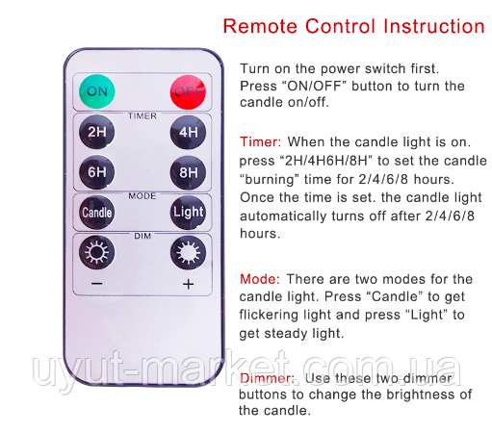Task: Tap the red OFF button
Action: [x=188, y=92]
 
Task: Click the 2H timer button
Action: [x=97, y=132]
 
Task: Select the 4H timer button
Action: [x=188, y=132]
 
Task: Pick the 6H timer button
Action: [x=97, y=172]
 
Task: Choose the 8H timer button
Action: [x=188, y=172]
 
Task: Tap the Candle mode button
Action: [x=97, y=213]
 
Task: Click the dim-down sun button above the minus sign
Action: [x=97, y=252]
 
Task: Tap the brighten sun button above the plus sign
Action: [x=188, y=253]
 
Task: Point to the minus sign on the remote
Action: [x=97, y=284]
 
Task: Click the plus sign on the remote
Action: [x=189, y=284]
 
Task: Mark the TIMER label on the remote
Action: [x=142, y=115]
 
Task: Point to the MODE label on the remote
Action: [x=142, y=196]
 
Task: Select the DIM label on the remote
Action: [x=142, y=236]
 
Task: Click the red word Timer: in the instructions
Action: [x=260, y=142]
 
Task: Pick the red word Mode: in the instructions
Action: [x=260, y=279]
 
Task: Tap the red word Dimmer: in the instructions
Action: [x=267, y=378]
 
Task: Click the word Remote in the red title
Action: [x=260, y=26]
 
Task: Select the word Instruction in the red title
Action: [x=434, y=26]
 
